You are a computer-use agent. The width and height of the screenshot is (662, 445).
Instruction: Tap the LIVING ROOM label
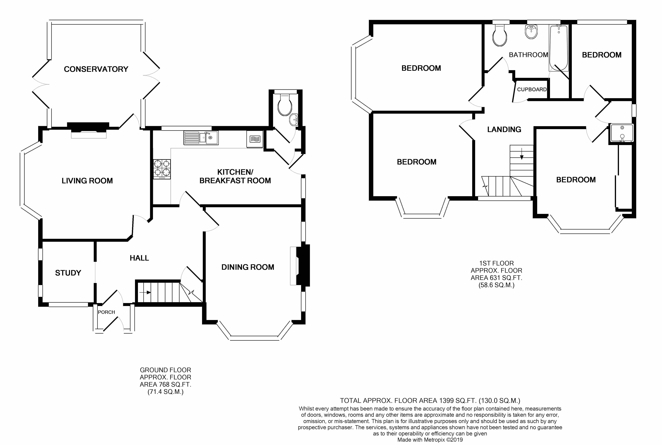click(x=87, y=181)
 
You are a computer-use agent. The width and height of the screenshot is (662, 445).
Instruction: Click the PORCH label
click(x=106, y=312)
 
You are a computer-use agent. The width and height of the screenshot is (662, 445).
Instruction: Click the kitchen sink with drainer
click(x=201, y=138)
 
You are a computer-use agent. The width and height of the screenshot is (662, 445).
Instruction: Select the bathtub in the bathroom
click(x=558, y=48)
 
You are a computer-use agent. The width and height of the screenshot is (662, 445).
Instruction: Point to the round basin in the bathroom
click(x=531, y=32)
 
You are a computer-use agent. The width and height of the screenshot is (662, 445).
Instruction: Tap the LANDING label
click(x=504, y=129)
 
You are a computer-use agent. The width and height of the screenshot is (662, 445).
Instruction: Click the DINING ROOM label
click(x=248, y=267)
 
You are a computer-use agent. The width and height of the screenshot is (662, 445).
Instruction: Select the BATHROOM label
click(x=528, y=55)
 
